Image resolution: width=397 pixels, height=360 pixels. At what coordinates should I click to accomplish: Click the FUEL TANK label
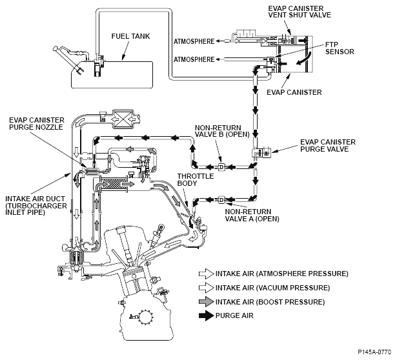click(x=130, y=36)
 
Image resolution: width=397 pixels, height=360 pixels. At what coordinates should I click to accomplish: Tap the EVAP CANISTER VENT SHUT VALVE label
click(x=300, y=12)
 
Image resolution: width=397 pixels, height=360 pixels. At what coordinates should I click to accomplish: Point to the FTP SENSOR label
click(x=340, y=48)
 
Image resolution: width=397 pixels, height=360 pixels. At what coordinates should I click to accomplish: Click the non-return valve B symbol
click(x=221, y=166)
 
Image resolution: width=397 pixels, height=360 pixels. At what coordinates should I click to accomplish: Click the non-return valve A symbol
click(x=221, y=200)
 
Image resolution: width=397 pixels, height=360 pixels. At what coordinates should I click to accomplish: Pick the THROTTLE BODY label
click(x=195, y=179)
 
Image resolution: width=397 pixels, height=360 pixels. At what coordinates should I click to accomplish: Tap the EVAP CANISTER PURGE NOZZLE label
click(x=36, y=123)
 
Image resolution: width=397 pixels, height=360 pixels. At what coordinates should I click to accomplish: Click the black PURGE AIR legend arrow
click(x=207, y=315)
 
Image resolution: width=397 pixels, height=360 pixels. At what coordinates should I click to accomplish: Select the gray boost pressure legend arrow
click(x=207, y=302)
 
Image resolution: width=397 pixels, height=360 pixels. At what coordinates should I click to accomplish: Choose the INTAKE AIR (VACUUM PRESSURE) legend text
click(x=272, y=288)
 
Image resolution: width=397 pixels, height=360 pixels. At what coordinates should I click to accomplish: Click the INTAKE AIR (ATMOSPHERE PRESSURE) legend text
click(x=282, y=274)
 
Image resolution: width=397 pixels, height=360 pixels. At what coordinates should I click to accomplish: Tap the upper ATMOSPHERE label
click(x=194, y=41)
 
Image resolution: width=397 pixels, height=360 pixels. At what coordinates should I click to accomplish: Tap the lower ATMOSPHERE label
click(x=194, y=59)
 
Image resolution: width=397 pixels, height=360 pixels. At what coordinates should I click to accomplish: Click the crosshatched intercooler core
click(x=114, y=184)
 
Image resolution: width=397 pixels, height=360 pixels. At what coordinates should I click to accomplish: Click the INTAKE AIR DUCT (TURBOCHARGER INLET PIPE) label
click(x=36, y=205)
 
